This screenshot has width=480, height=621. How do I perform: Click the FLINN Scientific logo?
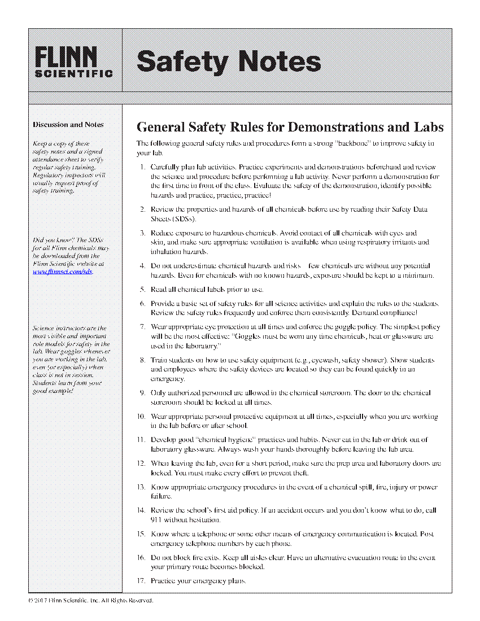coord(73,61)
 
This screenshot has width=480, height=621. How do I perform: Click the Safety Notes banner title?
coord(229,61)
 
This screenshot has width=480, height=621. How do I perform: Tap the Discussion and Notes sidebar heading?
coord(68,124)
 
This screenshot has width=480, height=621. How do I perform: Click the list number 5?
coord(142,289)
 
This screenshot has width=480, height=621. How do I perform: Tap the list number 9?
coord(142,393)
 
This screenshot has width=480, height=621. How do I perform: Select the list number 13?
coord(141,487)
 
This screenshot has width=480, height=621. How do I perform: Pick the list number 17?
coord(141,580)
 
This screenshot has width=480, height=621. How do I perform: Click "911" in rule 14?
coord(157,520)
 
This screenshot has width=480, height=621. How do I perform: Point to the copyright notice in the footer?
coord(90,600)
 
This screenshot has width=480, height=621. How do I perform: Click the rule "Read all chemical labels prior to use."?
coord(207,289)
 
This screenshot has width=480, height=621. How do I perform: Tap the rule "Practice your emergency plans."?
coord(198,580)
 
